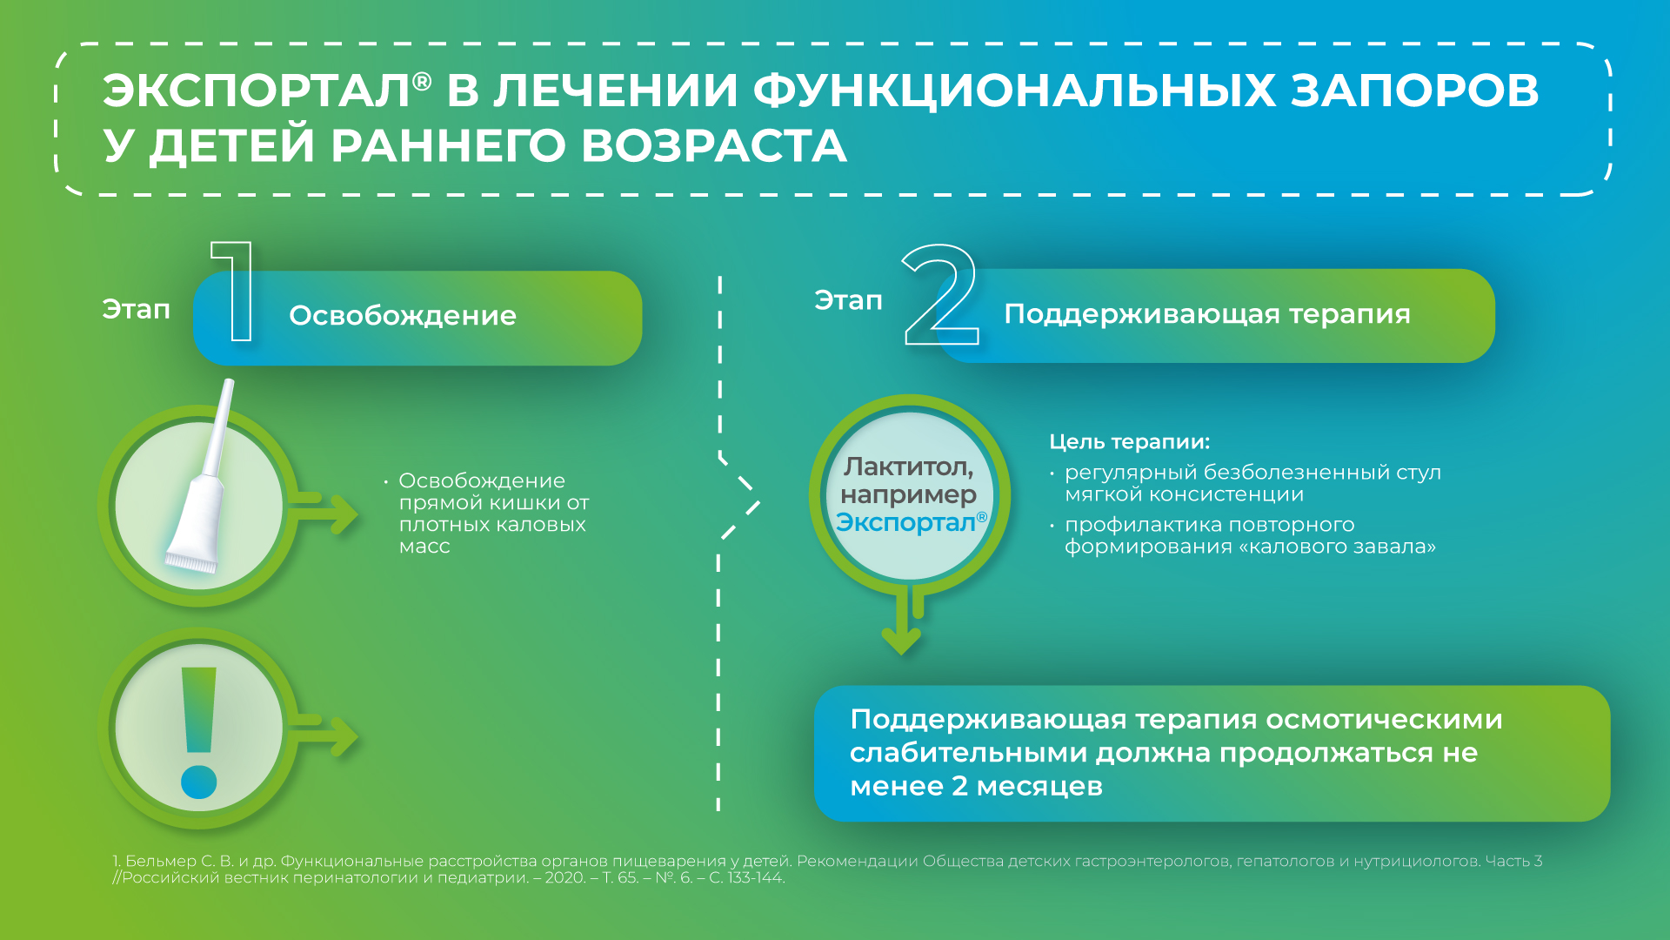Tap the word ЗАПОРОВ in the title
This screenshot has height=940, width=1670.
(1414, 91)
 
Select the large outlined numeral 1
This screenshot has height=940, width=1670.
(234, 292)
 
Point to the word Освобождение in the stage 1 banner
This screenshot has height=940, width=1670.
(403, 315)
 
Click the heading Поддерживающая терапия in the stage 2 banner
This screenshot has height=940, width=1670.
(1207, 314)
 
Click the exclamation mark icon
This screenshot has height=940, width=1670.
(199, 733)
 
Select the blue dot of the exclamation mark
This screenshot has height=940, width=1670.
(199, 782)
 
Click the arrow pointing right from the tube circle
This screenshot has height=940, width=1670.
(323, 514)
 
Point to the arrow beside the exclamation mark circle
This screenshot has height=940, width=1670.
(323, 736)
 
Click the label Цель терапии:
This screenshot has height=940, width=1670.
(1129, 442)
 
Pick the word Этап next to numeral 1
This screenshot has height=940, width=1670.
(137, 309)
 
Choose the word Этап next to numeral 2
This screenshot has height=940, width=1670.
(848, 300)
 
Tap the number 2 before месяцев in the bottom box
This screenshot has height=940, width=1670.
(959, 786)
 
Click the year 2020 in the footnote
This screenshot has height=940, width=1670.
(565, 878)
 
